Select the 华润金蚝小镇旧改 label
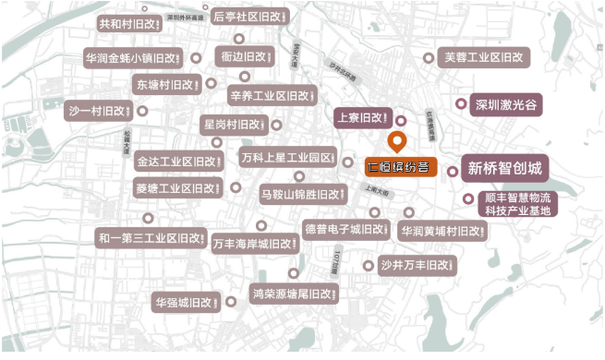[135, 57]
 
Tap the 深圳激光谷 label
[504, 104]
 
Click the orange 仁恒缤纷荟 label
[398, 167]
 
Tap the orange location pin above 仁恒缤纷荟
[398, 142]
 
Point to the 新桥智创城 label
[504, 169]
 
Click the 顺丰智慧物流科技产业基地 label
[517, 204]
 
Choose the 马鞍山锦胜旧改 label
[302, 195]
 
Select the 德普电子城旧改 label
[345, 229]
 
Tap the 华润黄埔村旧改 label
[442, 230]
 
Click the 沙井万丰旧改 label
[417, 266]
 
